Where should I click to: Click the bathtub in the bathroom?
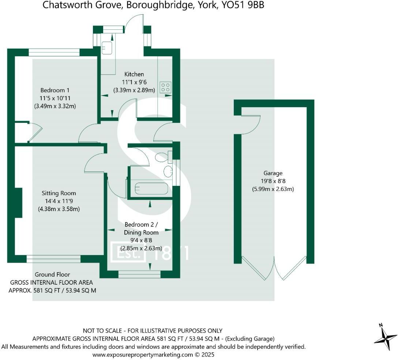point(151,189)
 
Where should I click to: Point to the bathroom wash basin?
point(168,171)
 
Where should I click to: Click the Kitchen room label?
point(134,74)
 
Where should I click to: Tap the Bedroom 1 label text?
point(55,90)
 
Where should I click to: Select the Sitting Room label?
point(59,193)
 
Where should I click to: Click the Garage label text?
point(273,173)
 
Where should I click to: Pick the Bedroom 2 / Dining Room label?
point(141,228)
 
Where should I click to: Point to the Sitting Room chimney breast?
point(18,203)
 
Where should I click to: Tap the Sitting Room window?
point(53,259)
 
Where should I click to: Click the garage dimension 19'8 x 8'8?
point(273,181)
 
